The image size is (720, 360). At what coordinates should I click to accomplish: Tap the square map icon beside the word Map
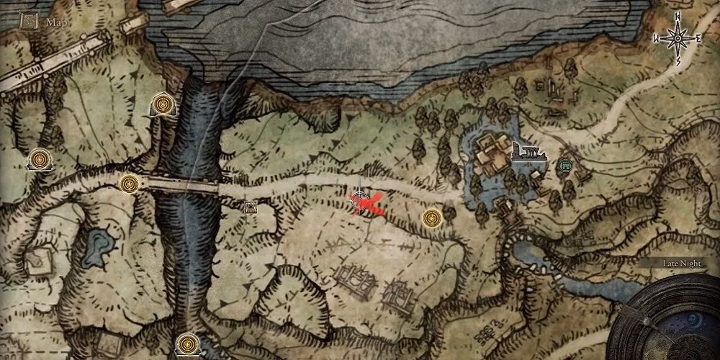pyautogui.click(x=30, y=22)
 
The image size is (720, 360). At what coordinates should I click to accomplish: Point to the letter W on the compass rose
pyautogui.click(x=656, y=37)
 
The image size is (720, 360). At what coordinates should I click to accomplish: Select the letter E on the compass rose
pyautogui.click(x=696, y=37)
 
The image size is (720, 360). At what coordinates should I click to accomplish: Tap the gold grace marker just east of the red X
pyautogui.click(x=431, y=215)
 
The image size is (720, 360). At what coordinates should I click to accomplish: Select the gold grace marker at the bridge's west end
pyautogui.click(x=129, y=184)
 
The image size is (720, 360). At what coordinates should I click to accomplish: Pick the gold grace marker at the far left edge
pyautogui.click(x=39, y=159)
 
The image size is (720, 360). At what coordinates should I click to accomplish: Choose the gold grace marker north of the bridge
pyautogui.click(x=162, y=106)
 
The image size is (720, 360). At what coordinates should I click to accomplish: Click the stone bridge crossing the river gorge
pyautogui.click(x=183, y=186)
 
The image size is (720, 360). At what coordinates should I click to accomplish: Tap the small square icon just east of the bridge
pyautogui.click(x=251, y=208)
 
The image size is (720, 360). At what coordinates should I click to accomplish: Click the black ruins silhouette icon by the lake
pyautogui.click(x=526, y=153)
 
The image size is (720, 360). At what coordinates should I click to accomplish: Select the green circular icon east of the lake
pyautogui.click(x=565, y=166)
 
